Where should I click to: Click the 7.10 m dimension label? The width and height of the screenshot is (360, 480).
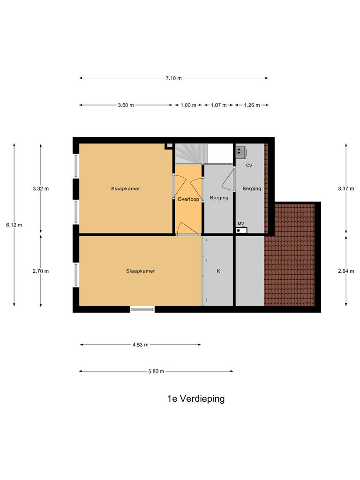pos(173,78)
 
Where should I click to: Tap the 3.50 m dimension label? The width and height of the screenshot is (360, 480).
pos(126,105)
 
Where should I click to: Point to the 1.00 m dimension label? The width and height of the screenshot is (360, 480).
pos(188,105)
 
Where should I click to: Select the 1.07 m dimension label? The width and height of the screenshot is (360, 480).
pos(219,105)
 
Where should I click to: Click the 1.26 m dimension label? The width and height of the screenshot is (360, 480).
pos(252,105)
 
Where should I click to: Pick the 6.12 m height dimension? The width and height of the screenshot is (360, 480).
pos(14,225)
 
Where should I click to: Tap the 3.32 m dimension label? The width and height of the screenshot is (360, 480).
pos(41,188)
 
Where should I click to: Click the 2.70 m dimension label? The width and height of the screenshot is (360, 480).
pos(41,271)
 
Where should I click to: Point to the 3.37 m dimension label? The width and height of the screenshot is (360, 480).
pos(346,188)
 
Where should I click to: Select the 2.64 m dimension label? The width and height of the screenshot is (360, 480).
pos(346,271)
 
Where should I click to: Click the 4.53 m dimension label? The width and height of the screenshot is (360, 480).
pos(140,345)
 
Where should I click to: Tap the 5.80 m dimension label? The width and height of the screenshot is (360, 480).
pos(156,371)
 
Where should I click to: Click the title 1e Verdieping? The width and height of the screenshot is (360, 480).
pos(196,399)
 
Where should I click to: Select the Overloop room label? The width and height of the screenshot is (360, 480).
pos(188,199)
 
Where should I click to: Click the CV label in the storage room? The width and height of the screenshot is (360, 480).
pos(249,165)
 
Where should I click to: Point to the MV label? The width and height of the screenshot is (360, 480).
pos(241,224)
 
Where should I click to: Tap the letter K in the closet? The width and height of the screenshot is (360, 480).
pos(218,271)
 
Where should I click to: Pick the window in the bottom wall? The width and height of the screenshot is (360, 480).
pos(142,308)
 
